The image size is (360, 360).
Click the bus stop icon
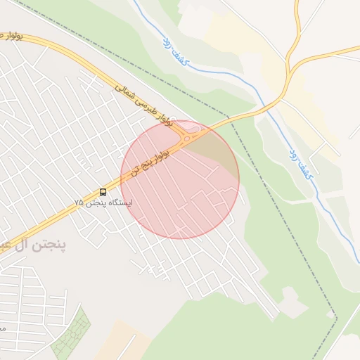103,191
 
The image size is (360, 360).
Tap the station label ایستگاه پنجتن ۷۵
103,202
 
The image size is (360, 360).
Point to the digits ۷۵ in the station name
79,202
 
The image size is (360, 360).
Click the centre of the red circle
180,179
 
